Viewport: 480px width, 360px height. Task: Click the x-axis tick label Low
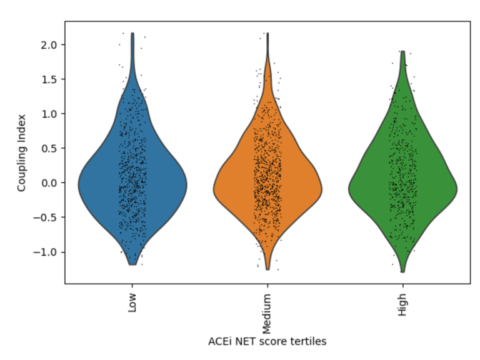click(132, 305)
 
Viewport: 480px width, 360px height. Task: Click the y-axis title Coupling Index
click(21, 153)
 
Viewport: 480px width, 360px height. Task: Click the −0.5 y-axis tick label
click(48, 217)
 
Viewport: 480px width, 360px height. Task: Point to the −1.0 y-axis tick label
click(48, 252)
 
